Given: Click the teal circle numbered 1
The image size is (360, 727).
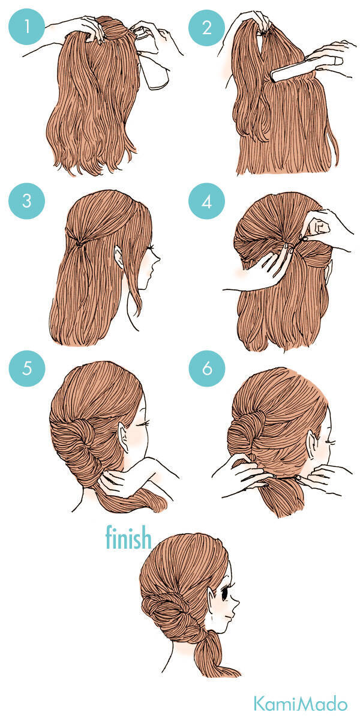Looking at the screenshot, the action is (26, 26).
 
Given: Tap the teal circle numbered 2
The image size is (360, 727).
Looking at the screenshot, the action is (206, 27).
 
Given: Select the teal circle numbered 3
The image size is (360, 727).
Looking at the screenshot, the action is (26, 201).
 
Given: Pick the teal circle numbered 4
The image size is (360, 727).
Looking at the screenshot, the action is (206, 201).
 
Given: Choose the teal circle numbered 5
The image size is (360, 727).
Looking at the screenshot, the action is (27, 369).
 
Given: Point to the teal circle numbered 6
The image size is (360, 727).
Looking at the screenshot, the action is (207, 369).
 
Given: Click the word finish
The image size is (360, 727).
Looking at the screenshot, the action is (128, 537).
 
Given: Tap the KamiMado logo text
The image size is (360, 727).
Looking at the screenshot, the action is (301, 704).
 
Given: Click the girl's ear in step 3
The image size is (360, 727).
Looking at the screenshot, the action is (119, 257).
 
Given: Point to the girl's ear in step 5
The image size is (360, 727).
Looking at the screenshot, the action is (124, 437).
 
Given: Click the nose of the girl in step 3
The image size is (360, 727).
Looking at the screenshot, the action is (158, 259).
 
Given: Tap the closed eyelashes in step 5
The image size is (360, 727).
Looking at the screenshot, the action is (145, 423).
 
